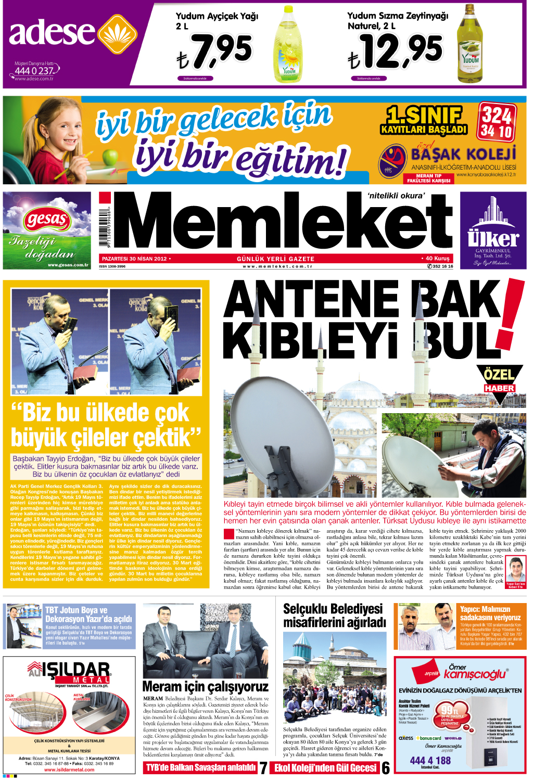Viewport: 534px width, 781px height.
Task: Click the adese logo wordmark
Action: (x=52, y=32)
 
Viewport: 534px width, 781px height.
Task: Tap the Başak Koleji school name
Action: (x=463, y=154)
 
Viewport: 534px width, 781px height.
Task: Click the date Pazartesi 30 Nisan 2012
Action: (x=134, y=259)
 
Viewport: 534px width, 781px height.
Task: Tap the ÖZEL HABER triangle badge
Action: (x=499, y=382)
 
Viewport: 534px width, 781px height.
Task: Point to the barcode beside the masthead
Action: (x=105, y=229)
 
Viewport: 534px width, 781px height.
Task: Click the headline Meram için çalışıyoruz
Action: (x=205, y=687)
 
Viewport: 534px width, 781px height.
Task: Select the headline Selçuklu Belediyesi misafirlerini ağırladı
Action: (x=334, y=616)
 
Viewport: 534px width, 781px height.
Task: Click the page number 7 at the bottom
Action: (x=263, y=768)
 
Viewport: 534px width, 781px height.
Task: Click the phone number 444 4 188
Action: (x=430, y=760)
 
